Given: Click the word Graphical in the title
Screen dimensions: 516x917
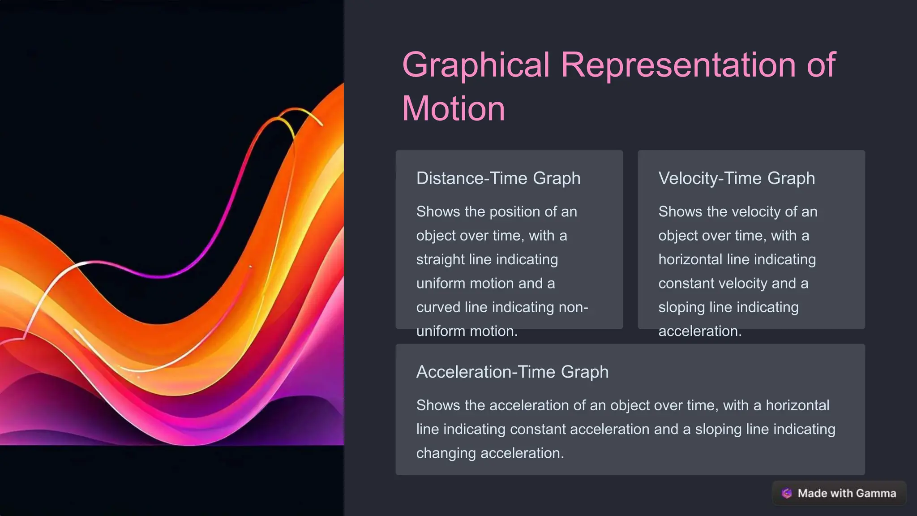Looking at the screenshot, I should pyautogui.click(x=476, y=65).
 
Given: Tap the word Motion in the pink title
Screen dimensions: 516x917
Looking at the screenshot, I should pyautogui.click(x=453, y=109).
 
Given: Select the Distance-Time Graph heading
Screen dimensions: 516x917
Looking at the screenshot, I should pyautogui.click(x=498, y=178).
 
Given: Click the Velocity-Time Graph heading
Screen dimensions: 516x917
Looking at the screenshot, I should pyautogui.click(x=736, y=178).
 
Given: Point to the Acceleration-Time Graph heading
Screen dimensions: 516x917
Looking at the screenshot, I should pyautogui.click(x=512, y=372).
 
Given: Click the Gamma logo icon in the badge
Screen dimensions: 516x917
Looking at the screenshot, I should pyautogui.click(x=786, y=493).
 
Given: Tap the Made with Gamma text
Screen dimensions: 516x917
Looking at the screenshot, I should pyautogui.click(x=847, y=493).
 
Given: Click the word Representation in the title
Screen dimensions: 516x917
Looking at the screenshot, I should pyautogui.click(x=678, y=65).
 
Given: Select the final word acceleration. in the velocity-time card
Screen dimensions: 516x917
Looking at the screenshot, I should pyautogui.click(x=700, y=331).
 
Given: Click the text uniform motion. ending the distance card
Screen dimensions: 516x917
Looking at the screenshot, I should pyautogui.click(x=467, y=331).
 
